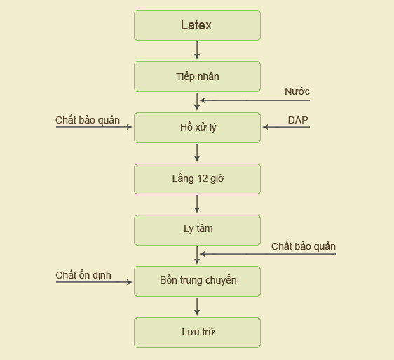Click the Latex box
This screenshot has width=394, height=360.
pyautogui.click(x=197, y=25)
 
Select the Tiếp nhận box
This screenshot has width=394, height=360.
pyautogui.click(x=197, y=76)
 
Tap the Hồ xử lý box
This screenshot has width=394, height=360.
pyautogui.click(x=197, y=128)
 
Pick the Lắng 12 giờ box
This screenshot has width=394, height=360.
pyautogui.click(x=197, y=179)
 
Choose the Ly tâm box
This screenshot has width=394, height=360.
pyautogui.click(x=197, y=230)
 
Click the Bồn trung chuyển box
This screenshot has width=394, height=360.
pyautogui.click(x=197, y=281)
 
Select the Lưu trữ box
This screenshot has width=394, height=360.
pyautogui.click(x=197, y=333)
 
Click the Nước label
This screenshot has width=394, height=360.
pyautogui.click(x=297, y=91)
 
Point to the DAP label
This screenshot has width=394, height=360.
pyautogui.click(x=298, y=120)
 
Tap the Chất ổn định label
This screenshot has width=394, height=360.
pyautogui.click(x=83, y=275)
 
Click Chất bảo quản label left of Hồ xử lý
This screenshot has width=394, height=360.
pyautogui.click(x=88, y=120)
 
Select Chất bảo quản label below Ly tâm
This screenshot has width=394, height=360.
pyautogui.click(x=304, y=246)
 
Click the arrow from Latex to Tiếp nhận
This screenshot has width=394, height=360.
pyautogui.click(x=197, y=51)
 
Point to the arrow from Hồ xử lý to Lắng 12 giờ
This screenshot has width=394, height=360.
pyautogui.click(x=197, y=153)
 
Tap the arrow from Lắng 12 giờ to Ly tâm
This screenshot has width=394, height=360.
pyautogui.click(x=197, y=204)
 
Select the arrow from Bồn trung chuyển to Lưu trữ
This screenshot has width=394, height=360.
pyautogui.click(x=197, y=307)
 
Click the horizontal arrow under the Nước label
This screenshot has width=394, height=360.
pyautogui.click(x=254, y=100)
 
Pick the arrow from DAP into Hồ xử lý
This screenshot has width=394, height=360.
pyautogui.click(x=286, y=127)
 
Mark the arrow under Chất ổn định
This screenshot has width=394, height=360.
pyautogui.click(x=94, y=282)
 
